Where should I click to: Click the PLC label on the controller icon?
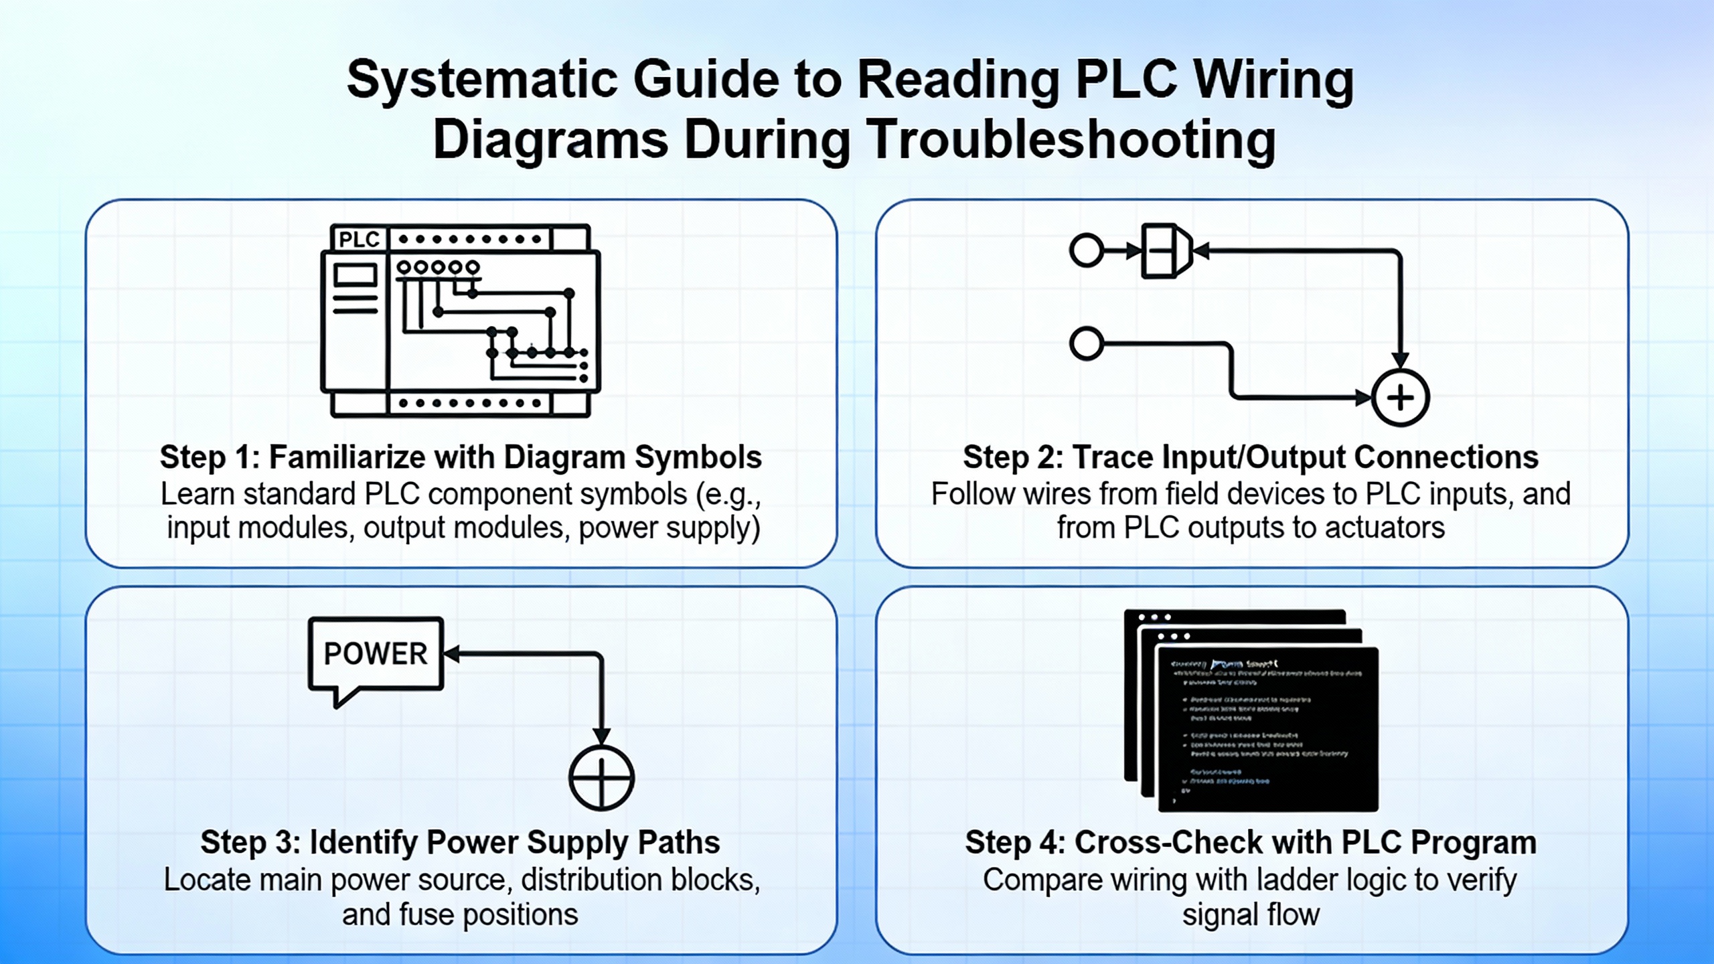tap(359, 239)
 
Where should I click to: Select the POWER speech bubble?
tap(376, 654)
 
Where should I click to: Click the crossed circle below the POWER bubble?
tap(601, 778)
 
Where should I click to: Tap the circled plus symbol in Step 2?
tap(1400, 398)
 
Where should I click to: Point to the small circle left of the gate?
tap(1086, 251)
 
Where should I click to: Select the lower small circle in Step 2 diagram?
tap(1086, 344)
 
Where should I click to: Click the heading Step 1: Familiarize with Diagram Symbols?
tap(461, 458)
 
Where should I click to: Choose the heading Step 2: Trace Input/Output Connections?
tap(1251, 458)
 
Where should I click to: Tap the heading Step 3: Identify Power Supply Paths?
tap(460, 843)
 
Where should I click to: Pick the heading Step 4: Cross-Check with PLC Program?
tap(1251, 843)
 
